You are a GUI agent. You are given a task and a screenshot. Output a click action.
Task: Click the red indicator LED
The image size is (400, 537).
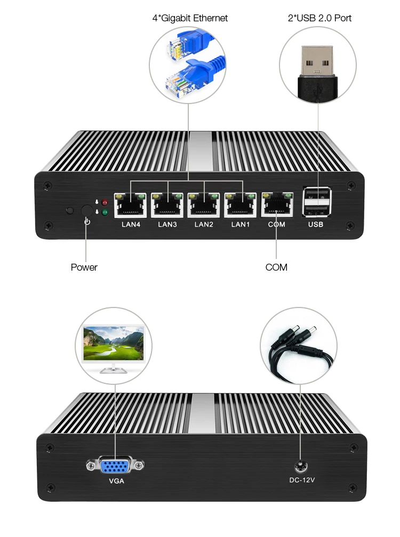105,203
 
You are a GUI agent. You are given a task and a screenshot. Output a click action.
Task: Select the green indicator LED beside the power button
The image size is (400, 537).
105,212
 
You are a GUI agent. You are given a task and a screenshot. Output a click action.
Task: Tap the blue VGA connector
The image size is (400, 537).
115,466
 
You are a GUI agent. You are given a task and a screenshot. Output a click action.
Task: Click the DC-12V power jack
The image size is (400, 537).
301,465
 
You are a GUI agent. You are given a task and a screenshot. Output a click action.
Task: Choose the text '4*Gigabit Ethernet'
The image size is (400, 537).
190,18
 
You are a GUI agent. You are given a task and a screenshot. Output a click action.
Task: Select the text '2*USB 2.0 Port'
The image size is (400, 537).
319,18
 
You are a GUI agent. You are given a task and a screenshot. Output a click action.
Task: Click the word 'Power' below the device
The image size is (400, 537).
84,267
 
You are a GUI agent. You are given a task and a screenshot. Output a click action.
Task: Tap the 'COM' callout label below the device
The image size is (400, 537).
276,267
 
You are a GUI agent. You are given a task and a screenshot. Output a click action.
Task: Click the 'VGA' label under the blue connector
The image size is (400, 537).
116,481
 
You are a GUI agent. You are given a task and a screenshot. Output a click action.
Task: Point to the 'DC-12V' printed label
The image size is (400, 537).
302,480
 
